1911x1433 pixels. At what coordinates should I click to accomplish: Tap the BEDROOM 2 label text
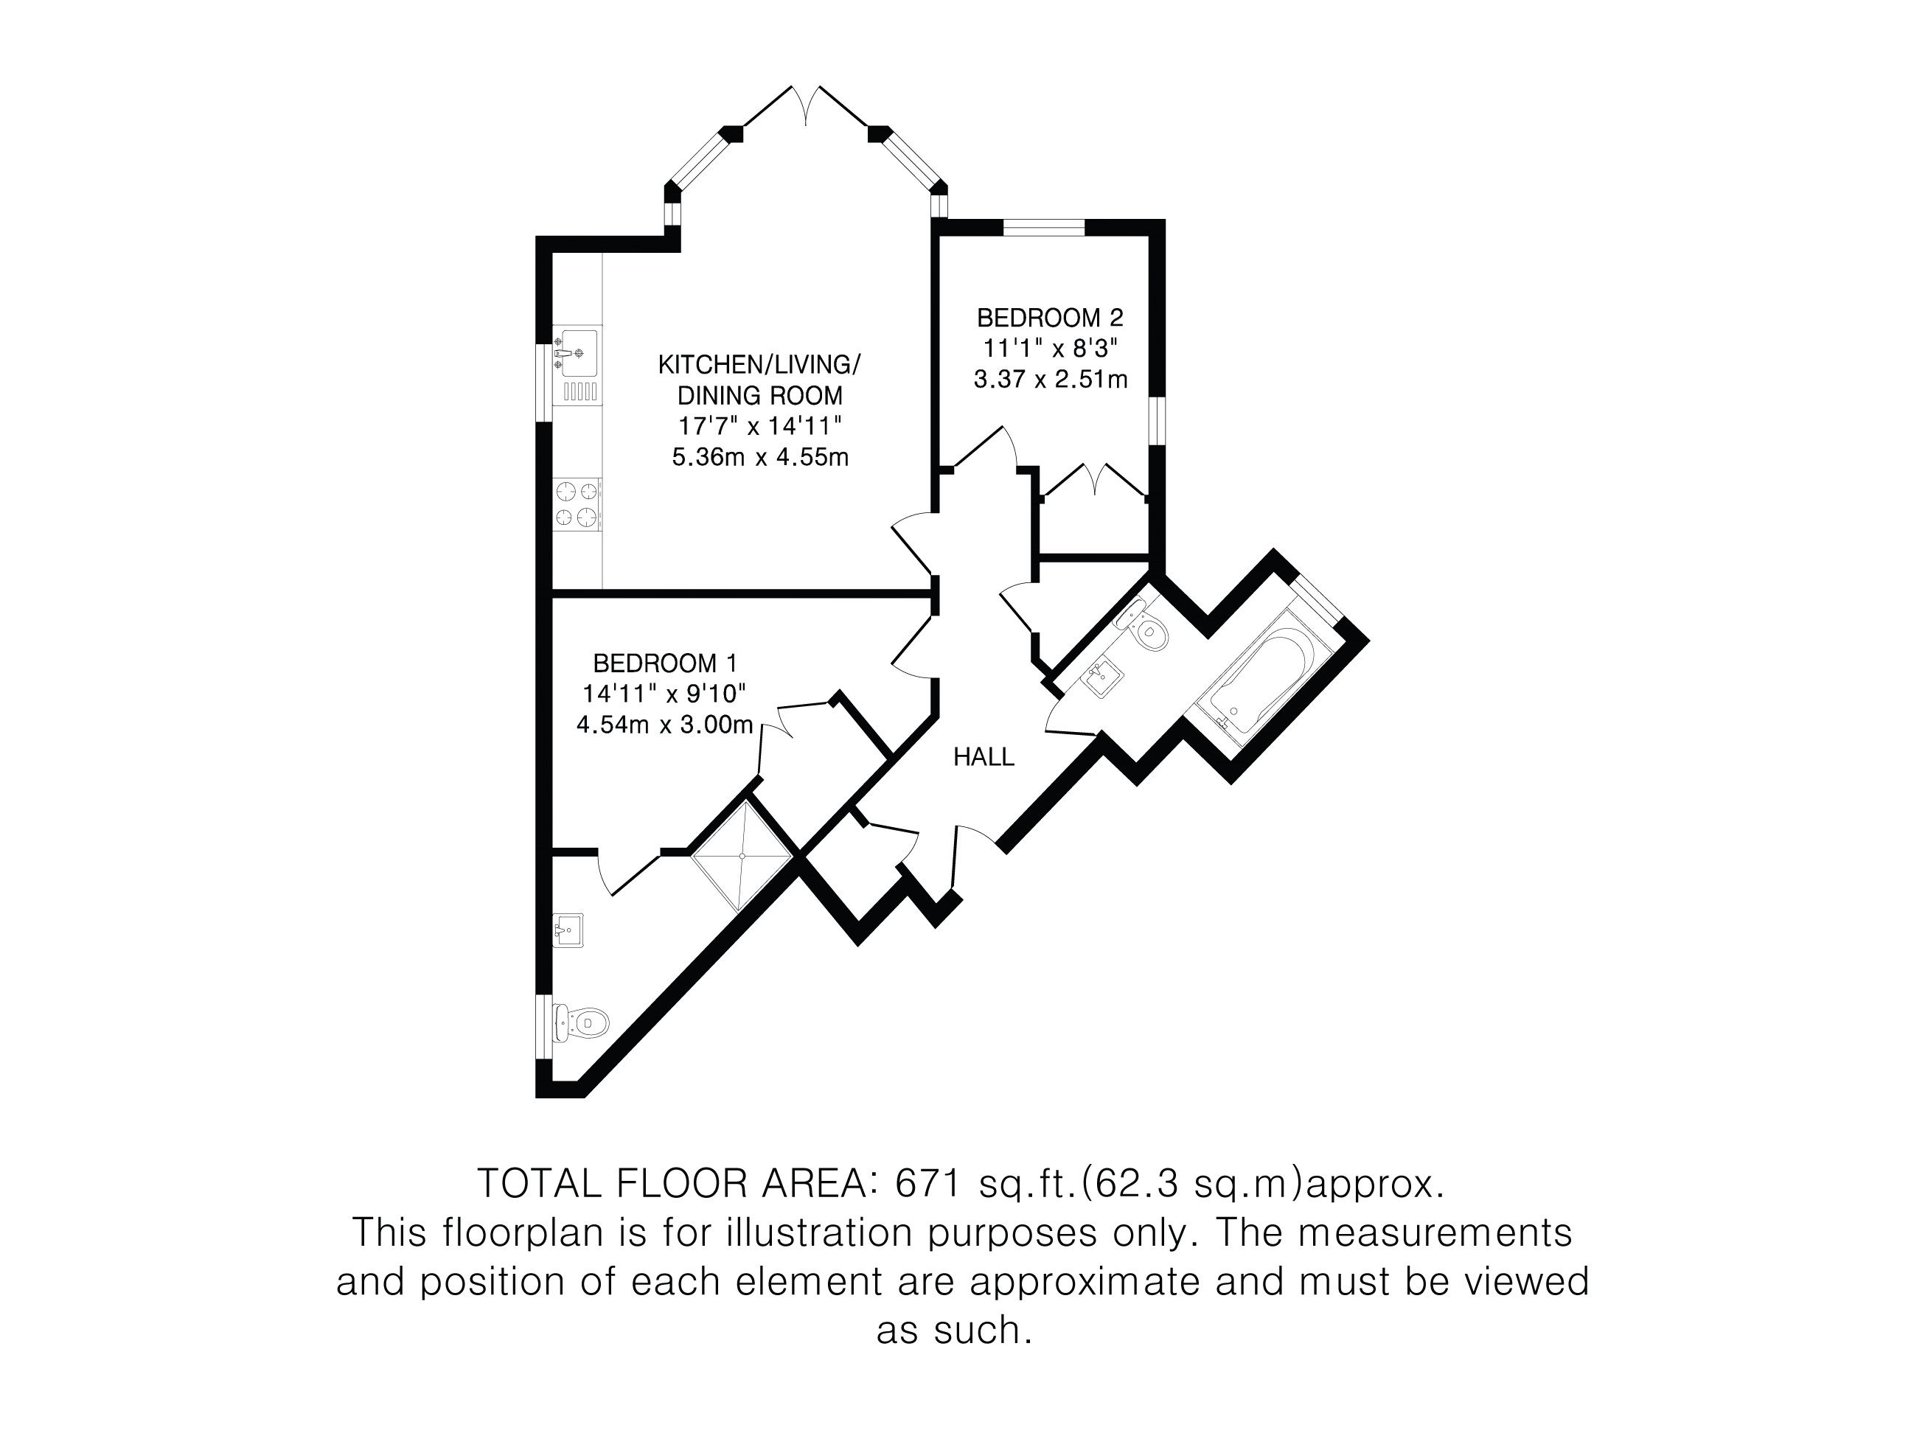pyautogui.click(x=1050, y=318)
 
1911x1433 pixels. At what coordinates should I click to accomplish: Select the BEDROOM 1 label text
pyautogui.click(x=665, y=663)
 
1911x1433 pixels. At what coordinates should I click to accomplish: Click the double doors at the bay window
pyautogui.click(x=806, y=107)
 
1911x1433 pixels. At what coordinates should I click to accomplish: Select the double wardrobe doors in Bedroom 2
pyautogui.click(x=1096, y=481)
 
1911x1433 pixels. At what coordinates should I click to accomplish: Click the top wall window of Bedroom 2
pyautogui.click(x=1044, y=228)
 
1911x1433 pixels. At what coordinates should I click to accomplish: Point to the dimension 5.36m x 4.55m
pyautogui.click(x=760, y=457)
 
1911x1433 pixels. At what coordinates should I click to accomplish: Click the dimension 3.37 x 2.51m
pyautogui.click(x=1051, y=379)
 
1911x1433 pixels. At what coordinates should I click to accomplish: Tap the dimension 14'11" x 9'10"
pyautogui.click(x=664, y=694)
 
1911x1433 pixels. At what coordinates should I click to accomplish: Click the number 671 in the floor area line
pyautogui.click(x=929, y=1183)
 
